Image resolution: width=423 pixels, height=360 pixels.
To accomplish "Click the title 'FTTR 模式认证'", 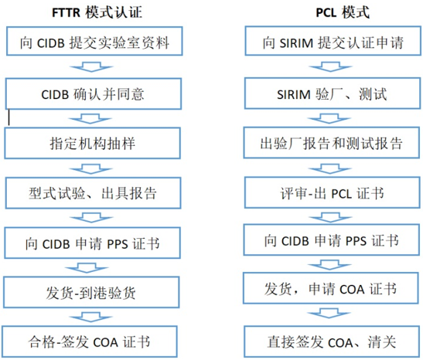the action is pyautogui.click(x=97, y=12).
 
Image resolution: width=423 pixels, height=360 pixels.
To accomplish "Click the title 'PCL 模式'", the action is pyautogui.click(x=343, y=12).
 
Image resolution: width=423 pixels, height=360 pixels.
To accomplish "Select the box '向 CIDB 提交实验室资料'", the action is pyautogui.click(x=94, y=41).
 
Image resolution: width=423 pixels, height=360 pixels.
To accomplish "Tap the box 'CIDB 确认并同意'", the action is pyautogui.click(x=94, y=93).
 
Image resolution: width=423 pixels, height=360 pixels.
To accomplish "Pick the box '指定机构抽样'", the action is pyautogui.click(x=92, y=143).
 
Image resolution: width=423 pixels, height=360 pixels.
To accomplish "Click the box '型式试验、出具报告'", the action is pyautogui.click(x=93, y=193).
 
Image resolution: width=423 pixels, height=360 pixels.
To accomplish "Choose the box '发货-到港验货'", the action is pyautogui.click(x=91, y=292).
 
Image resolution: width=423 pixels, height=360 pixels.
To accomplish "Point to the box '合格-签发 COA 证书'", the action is pyautogui.click(x=90, y=341).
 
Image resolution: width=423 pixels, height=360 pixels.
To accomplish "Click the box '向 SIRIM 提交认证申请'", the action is pyautogui.click(x=333, y=41).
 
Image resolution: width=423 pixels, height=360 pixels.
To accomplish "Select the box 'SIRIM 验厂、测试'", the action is pyautogui.click(x=333, y=93).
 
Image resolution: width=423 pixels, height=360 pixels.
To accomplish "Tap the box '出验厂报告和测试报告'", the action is pyautogui.click(x=332, y=143).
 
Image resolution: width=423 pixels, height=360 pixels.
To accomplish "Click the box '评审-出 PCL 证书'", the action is pyautogui.click(x=333, y=192).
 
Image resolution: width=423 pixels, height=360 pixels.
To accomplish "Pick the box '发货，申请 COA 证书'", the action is pyautogui.click(x=331, y=288).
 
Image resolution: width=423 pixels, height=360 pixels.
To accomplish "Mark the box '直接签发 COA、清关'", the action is pyautogui.click(x=332, y=341).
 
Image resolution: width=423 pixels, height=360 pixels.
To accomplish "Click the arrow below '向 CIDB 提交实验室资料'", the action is pyautogui.click(x=91, y=67).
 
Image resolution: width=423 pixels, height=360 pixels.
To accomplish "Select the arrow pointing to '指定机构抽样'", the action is pyautogui.click(x=90, y=119).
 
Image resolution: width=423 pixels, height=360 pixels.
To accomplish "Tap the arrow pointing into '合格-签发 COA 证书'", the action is pyautogui.click(x=90, y=318).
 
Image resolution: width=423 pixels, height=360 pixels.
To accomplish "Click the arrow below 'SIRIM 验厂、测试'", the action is pyautogui.click(x=329, y=118).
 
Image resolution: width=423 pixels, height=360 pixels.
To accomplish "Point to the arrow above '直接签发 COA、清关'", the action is pyautogui.click(x=329, y=314).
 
